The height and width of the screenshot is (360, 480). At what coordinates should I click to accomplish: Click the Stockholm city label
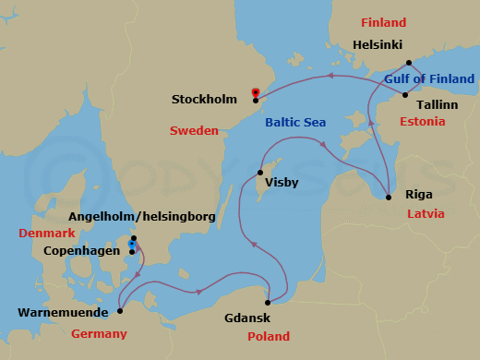210,99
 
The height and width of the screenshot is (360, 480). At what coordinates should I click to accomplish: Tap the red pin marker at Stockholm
256,92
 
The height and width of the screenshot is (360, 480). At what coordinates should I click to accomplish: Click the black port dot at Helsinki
409,63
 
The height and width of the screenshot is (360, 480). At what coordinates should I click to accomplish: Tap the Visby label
282,183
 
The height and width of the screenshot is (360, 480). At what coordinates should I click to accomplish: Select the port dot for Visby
258,173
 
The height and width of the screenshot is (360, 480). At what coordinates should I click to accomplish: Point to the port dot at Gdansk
268,303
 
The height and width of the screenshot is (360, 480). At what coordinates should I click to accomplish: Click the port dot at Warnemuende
120,311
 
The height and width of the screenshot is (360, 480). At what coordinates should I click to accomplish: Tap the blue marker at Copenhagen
134,246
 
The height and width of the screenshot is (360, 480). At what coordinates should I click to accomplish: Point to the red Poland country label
269,336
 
